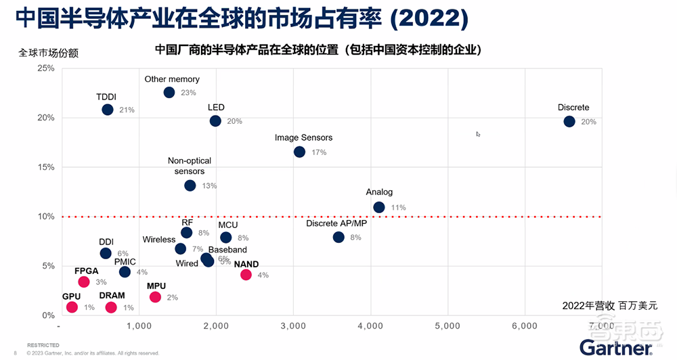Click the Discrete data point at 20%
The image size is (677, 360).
pos(569,122)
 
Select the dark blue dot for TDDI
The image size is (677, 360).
pos(108,110)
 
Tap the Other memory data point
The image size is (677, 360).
pos(169,93)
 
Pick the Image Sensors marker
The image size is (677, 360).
pos(299,152)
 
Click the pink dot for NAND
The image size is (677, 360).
pos(246,275)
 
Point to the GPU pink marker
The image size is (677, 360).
pos(72,307)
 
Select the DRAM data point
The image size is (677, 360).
pos(111,307)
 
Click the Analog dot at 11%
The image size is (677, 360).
pos(379,207)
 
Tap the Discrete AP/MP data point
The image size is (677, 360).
pos(338,238)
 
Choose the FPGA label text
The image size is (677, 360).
pos(87,271)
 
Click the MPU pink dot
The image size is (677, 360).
pos(155,297)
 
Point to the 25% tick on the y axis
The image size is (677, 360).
pos(46,68)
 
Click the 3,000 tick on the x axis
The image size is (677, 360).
pos(293,325)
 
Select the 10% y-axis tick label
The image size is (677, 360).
pos(46,217)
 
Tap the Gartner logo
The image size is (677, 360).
pos(614,347)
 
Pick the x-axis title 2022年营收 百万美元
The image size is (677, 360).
pos(609,306)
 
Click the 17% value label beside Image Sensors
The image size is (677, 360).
pos(319,153)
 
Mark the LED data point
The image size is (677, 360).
pos(215,121)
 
